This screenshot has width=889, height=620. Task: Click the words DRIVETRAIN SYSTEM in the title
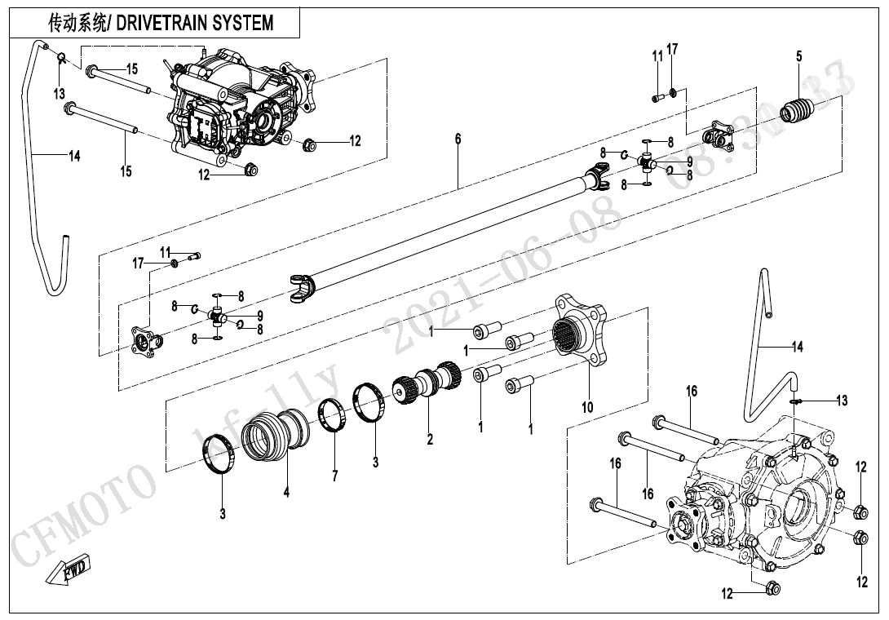[195, 23]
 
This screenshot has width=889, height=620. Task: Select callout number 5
[798, 56]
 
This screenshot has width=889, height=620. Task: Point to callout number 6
[458, 139]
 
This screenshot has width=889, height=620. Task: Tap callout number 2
[429, 440]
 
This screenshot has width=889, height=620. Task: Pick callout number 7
[334, 475]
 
